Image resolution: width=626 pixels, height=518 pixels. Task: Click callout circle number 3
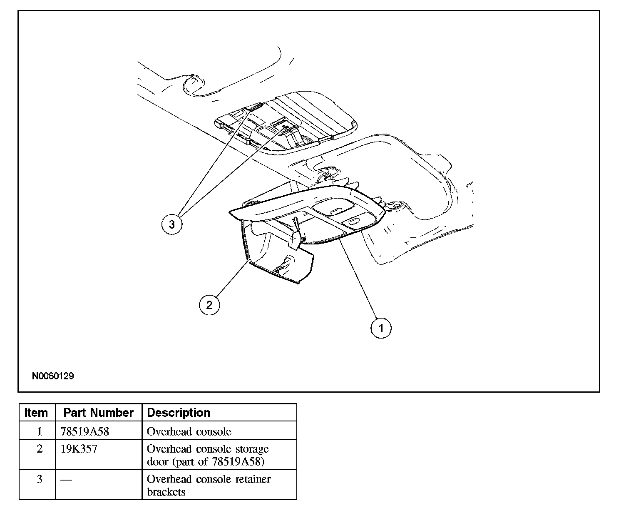click(172, 224)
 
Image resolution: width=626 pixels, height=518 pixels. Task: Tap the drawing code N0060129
click(53, 376)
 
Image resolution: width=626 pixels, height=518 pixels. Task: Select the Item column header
click(36, 413)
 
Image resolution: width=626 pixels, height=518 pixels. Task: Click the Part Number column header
click(98, 413)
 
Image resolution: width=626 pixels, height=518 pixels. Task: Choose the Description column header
click(179, 413)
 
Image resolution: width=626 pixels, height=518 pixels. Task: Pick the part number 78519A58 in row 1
click(85, 431)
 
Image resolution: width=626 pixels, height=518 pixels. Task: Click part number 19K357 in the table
click(79, 449)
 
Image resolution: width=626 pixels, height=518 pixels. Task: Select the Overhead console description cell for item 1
click(189, 431)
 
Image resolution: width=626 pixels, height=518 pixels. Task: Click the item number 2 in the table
click(40, 449)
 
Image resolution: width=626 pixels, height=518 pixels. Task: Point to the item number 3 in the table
click(40, 479)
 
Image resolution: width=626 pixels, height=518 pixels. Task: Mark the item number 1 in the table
click(40, 431)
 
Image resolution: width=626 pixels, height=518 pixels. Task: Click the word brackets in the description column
click(166, 492)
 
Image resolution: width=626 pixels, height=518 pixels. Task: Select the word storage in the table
click(251, 449)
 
